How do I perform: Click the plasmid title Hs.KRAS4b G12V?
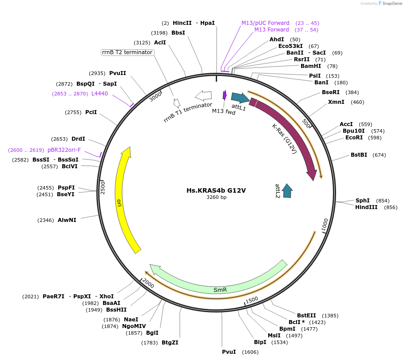click(216, 190)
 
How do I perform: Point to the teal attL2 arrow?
click(287, 190)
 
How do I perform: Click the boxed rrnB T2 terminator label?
click(127, 52)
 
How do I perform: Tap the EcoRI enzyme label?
click(354, 138)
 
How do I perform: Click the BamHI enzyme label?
click(311, 66)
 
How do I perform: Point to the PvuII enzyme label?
click(118, 73)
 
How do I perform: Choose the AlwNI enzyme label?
click(67, 220)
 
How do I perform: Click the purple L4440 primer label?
click(99, 94)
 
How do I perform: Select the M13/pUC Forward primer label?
click(265, 23)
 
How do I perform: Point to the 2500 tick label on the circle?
click(102, 187)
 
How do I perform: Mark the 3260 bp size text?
click(216, 198)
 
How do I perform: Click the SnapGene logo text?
click(390, 4)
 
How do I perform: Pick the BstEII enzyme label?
click(306, 316)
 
